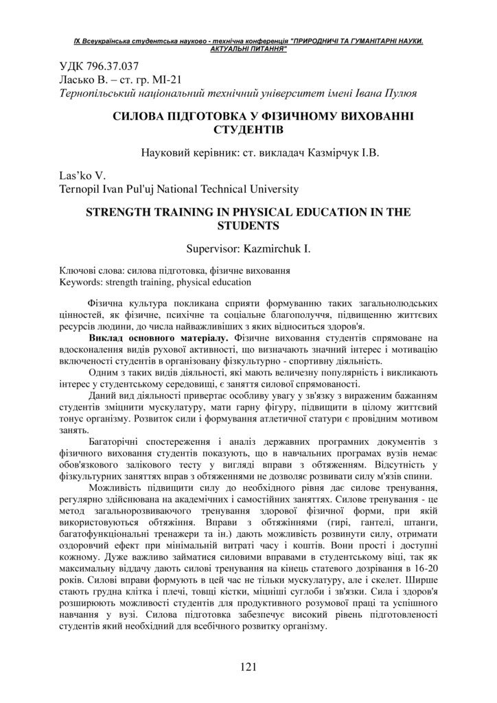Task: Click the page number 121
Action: click(x=248, y=666)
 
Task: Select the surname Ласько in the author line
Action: click(x=71, y=80)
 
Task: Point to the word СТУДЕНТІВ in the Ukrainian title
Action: click(x=248, y=129)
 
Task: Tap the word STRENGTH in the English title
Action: click(x=121, y=213)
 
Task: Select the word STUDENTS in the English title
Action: click(x=248, y=225)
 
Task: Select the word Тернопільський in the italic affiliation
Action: click(x=96, y=93)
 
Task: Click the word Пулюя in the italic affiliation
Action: click(x=401, y=93)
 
